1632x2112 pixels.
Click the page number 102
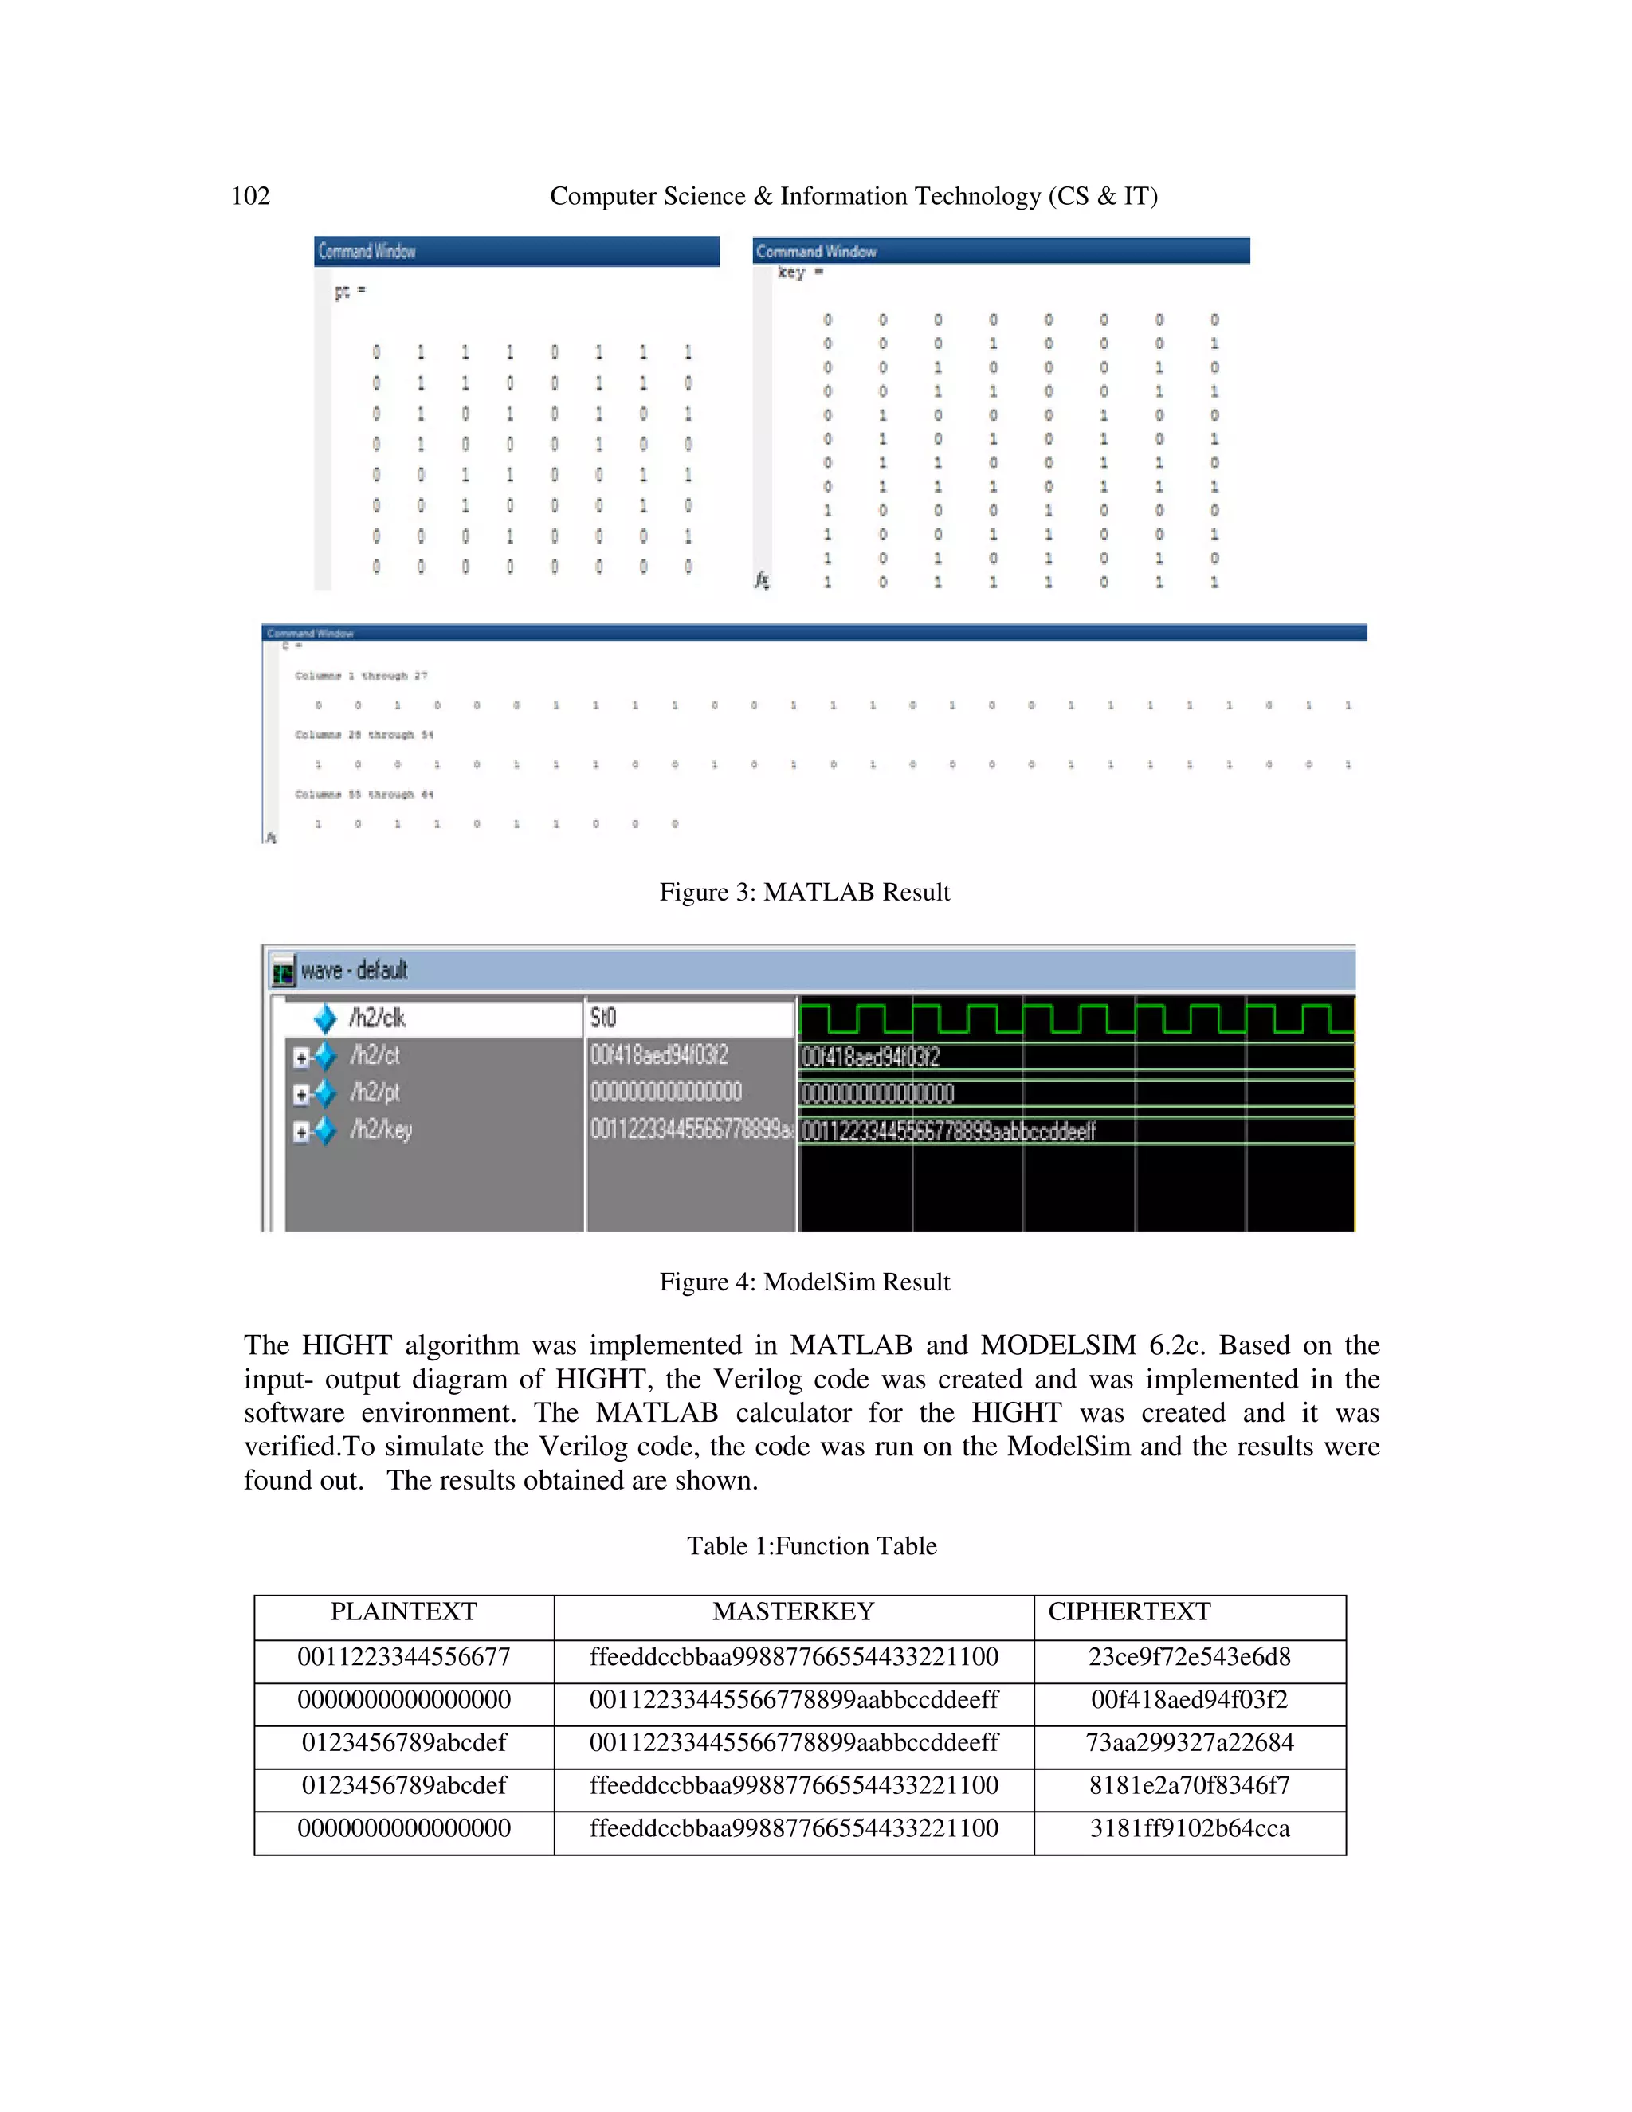(x=250, y=196)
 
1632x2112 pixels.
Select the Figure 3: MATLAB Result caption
(x=804, y=892)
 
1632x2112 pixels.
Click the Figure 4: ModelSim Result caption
(x=804, y=1282)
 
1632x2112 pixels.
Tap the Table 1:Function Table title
(x=811, y=1545)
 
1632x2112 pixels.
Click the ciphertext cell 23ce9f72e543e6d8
(x=1189, y=1657)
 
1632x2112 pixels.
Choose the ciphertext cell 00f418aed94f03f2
(x=1189, y=1699)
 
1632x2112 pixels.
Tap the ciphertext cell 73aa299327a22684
(x=1189, y=1741)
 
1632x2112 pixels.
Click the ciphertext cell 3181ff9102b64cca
(x=1189, y=1827)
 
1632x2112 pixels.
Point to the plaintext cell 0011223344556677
(x=403, y=1657)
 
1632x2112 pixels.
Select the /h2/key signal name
(x=381, y=1129)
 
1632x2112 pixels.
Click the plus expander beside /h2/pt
(x=300, y=1095)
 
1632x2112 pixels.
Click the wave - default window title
(x=354, y=970)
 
